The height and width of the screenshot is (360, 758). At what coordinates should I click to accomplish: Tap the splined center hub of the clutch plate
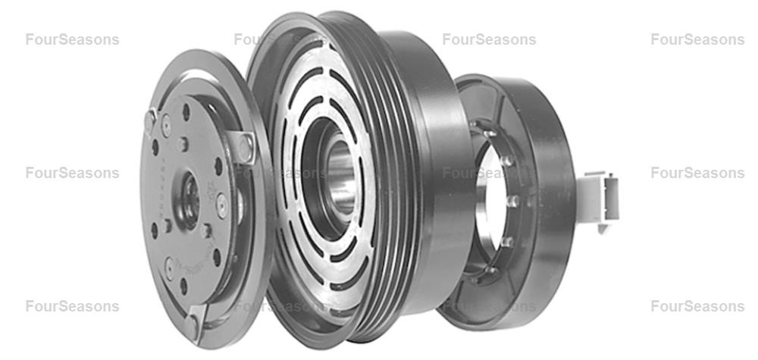click(x=189, y=200)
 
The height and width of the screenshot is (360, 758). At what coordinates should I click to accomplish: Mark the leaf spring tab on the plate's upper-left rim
click(x=150, y=120)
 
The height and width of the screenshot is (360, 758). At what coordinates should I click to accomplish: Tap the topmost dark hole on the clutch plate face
click(x=186, y=112)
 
